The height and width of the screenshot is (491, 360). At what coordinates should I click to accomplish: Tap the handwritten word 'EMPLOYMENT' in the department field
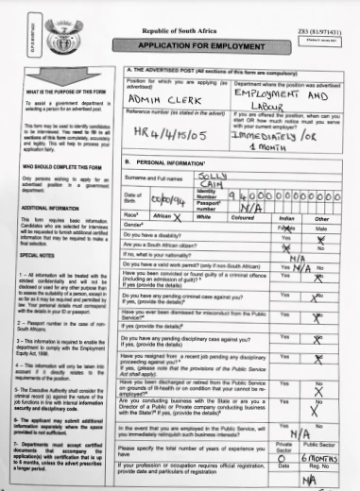point(275,96)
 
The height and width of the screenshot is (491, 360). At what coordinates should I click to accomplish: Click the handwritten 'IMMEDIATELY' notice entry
point(280,134)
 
